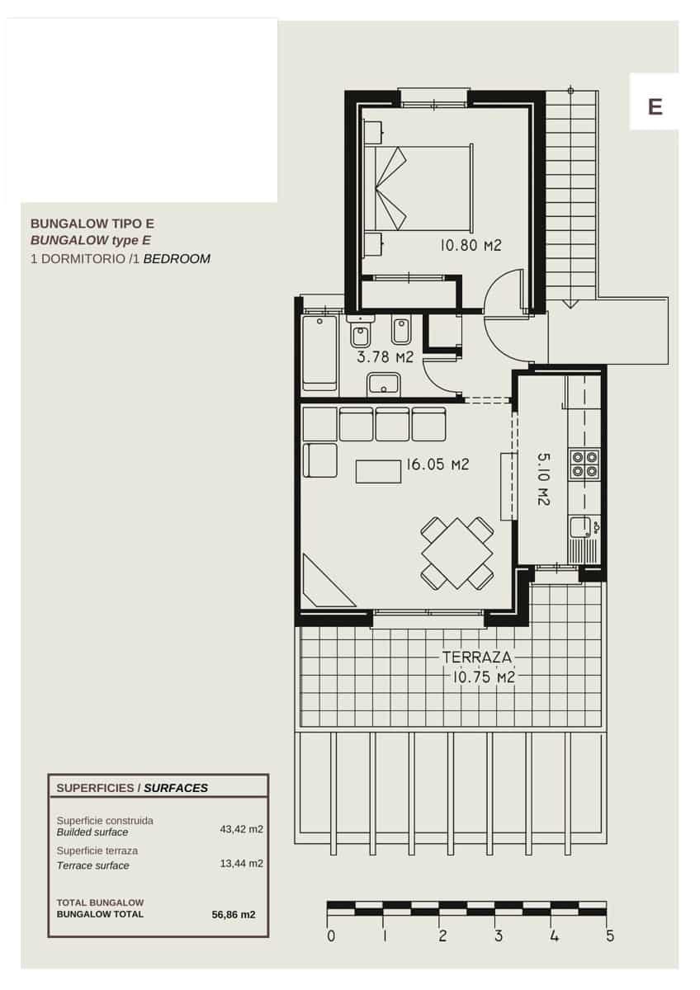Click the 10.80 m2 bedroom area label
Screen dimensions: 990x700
click(471, 245)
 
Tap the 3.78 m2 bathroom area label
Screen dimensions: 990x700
click(385, 357)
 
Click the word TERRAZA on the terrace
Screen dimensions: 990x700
click(477, 658)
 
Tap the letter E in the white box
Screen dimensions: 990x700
click(655, 106)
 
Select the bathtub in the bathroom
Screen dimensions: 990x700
click(319, 351)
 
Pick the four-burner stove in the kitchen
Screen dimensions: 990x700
click(585, 464)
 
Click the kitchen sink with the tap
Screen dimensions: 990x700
click(582, 526)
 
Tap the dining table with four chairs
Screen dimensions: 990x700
click(456, 552)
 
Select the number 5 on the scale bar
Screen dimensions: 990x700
click(609, 936)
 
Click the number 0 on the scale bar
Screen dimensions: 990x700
click(330, 936)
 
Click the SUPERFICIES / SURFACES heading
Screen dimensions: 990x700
click(132, 788)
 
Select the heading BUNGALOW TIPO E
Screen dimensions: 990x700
click(92, 223)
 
